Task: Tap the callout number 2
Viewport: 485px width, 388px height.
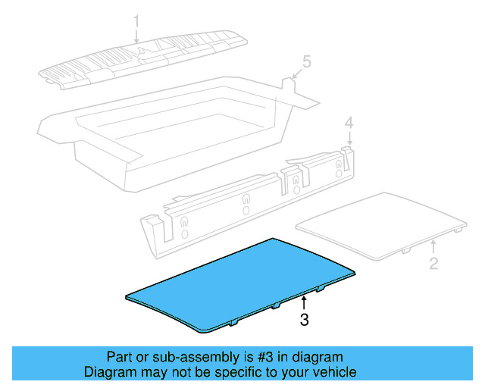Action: (433, 264)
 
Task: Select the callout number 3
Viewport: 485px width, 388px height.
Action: (304, 320)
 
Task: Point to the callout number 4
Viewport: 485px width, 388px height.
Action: (349, 122)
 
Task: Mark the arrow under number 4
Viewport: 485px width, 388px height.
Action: (349, 138)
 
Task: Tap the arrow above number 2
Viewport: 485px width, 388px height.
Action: (433, 246)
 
